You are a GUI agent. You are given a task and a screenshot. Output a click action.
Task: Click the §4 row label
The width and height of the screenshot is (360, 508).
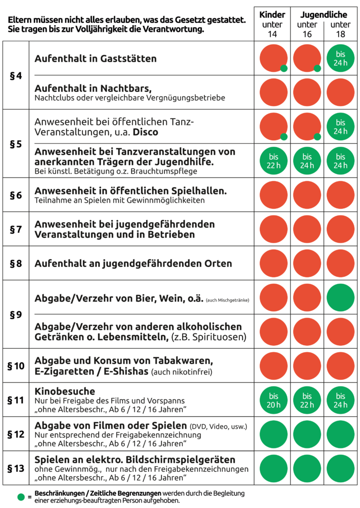[x=15, y=76]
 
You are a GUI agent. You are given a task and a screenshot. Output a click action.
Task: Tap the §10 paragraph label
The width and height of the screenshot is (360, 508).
[x=15, y=366]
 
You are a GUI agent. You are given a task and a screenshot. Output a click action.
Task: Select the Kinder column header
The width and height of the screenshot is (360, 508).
[x=272, y=15]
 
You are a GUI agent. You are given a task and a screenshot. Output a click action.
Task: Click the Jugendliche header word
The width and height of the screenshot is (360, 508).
[x=324, y=15]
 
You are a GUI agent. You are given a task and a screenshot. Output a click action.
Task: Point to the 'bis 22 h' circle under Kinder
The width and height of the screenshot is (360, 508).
[x=274, y=161]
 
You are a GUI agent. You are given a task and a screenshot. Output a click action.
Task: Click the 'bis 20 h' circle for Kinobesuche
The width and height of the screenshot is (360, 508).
[x=274, y=400]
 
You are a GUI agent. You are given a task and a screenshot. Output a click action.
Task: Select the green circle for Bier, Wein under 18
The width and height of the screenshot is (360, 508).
[x=341, y=298]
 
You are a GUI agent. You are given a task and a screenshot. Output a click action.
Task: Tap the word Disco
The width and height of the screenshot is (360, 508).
[x=145, y=132]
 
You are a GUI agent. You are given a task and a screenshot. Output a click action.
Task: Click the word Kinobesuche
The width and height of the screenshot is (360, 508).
[x=65, y=391]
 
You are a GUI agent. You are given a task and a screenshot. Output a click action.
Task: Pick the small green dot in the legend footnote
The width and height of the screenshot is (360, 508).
[x=21, y=497]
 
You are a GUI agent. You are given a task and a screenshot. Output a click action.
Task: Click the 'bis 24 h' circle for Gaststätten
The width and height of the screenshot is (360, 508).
[x=341, y=59]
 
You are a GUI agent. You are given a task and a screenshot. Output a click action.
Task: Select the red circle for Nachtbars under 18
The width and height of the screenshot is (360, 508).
[x=341, y=92]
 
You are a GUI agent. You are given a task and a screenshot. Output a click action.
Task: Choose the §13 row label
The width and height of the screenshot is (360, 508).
[x=15, y=468]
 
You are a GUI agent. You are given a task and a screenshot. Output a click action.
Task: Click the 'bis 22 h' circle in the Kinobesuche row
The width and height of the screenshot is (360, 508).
[x=307, y=400]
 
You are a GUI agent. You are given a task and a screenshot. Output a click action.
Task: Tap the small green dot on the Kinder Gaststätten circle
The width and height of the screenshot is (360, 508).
[x=284, y=68]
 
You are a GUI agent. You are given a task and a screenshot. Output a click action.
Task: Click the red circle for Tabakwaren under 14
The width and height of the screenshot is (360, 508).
[x=274, y=366]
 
